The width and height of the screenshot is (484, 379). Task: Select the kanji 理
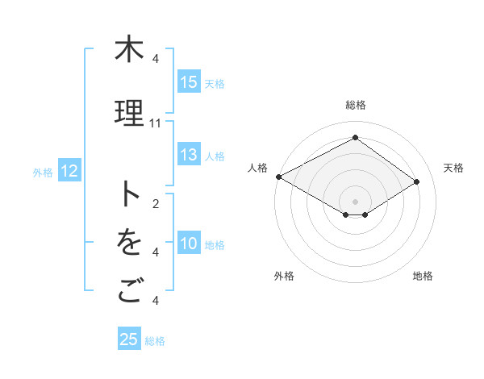pos(128,114)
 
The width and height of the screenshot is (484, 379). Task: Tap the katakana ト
pos(128,194)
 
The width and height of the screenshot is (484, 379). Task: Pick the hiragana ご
pos(128,291)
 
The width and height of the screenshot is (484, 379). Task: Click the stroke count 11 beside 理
pos(156,123)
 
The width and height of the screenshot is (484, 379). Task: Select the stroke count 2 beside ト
pos(156,204)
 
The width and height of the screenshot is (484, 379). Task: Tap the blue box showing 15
pos(189,82)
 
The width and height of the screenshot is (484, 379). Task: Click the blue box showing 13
pos(189,156)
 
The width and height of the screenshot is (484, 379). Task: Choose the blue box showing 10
pos(189,244)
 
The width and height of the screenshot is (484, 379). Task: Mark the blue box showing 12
pos(69,171)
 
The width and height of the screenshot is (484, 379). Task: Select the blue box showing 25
pos(129,339)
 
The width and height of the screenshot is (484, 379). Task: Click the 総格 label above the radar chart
pos(356,105)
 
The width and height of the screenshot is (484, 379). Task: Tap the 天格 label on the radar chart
pos(453,168)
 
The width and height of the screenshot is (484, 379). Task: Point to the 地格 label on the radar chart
pos(423,276)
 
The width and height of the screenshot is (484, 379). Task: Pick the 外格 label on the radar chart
pos(284,276)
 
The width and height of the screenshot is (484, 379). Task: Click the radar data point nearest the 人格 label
pos(278,177)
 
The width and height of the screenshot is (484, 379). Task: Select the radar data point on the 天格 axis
pos(417,181)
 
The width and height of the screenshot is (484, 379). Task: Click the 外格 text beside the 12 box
pos(43,172)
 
